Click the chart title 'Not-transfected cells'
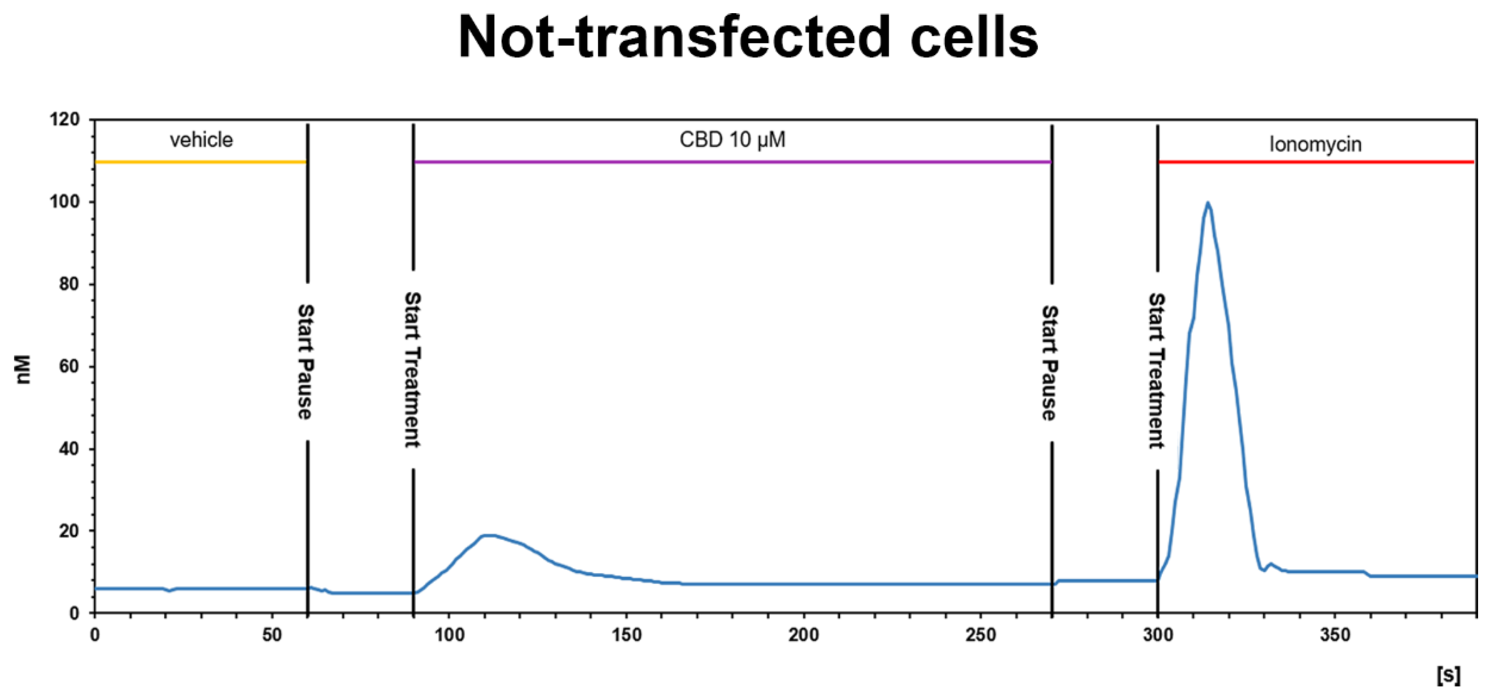pyautogui.click(x=748, y=38)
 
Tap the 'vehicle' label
pyautogui.click(x=201, y=140)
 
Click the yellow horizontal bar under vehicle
pyautogui.click(x=201, y=162)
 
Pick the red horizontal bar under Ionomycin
pyautogui.click(x=1316, y=162)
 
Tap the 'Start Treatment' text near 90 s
pyautogui.click(x=412, y=370)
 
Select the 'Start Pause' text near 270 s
pyautogui.click(x=1050, y=363)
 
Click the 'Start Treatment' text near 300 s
pyautogui.click(x=1156, y=371)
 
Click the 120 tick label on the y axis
pyautogui.click(x=65, y=120)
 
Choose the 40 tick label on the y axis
pyautogui.click(x=68, y=449)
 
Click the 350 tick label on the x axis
pyautogui.click(x=1335, y=635)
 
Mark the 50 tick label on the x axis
pyautogui.click(x=272, y=635)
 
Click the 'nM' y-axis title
pyautogui.click(x=23, y=370)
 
